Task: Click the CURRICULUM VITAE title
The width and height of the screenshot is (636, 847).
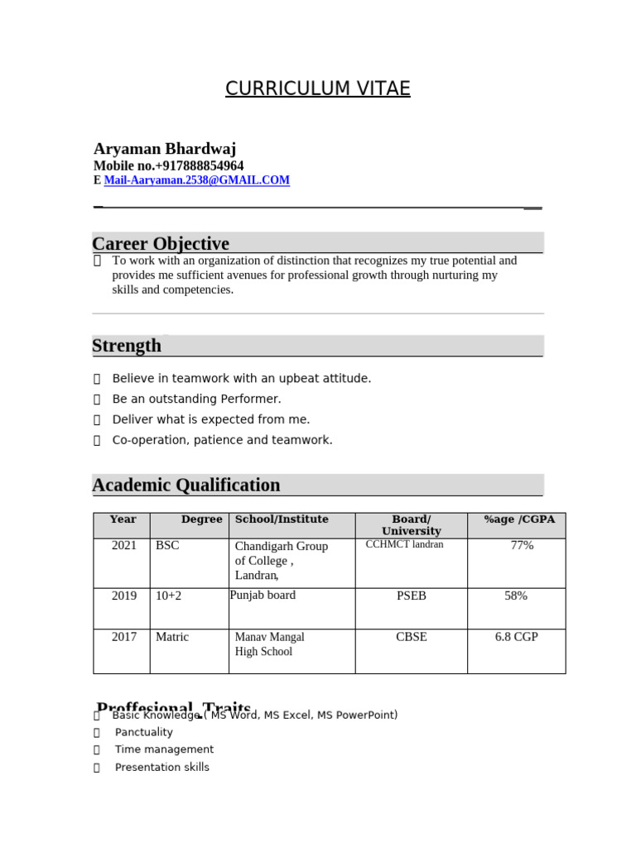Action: pyautogui.click(x=317, y=89)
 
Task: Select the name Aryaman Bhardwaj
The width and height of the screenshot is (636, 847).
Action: pyautogui.click(x=165, y=149)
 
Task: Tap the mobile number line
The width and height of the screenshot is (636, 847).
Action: pyautogui.click(x=169, y=165)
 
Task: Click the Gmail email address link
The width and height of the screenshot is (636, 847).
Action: pyautogui.click(x=197, y=180)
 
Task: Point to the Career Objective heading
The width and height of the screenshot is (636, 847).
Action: pyautogui.click(x=161, y=243)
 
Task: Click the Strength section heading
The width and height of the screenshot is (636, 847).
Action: pyautogui.click(x=127, y=346)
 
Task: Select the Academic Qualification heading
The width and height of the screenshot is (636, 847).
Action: pyautogui.click(x=186, y=485)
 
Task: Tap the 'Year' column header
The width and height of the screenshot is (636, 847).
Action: pyautogui.click(x=123, y=519)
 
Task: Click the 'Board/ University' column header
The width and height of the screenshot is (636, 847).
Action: pyautogui.click(x=411, y=525)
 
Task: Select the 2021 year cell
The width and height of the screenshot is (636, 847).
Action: pyautogui.click(x=124, y=546)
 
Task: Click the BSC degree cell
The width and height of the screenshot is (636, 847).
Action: pyautogui.click(x=167, y=546)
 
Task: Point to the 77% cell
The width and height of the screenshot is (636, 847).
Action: pyautogui.click(x=522, y=546)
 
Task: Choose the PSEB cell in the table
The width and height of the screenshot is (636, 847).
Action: pyautogui.click(x=412, y=596)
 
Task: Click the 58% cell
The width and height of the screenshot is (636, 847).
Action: pyautogui.click(x=516, y=596)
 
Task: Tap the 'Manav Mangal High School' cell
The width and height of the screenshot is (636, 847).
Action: pyautogui.click(x=269, y=644)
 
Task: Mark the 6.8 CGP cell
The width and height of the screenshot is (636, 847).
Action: pyautogui.click(x=516, y=637)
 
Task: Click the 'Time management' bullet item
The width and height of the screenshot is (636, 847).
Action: pyautogui.click(x=164, y=749)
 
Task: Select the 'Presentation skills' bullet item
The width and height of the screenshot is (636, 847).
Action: pyautogui.click(x=161, y=768)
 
